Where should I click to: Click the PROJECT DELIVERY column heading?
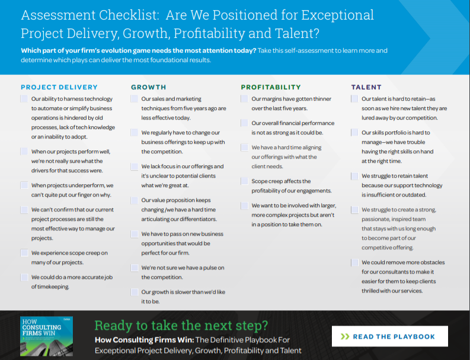(59, 87)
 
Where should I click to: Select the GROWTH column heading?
(148, 87)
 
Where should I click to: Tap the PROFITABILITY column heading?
(271, 87)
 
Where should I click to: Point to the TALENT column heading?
(366, 87)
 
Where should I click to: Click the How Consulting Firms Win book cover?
(47, 336)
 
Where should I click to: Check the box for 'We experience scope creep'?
(24, 253)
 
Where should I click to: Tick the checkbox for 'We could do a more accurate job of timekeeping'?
(24, 277)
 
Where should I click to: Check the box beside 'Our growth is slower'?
(134, 291)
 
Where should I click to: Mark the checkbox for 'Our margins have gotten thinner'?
(244, 99)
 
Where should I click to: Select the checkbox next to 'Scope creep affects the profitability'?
(244, 181)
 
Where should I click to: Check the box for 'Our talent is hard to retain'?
(354, 99)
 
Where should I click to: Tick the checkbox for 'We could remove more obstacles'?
(354, 262)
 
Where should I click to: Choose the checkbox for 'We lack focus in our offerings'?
(134, 166)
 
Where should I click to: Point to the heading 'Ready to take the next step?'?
(181, 325)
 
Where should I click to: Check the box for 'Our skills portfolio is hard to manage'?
(354, 133)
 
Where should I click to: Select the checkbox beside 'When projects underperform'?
(24, 185)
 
